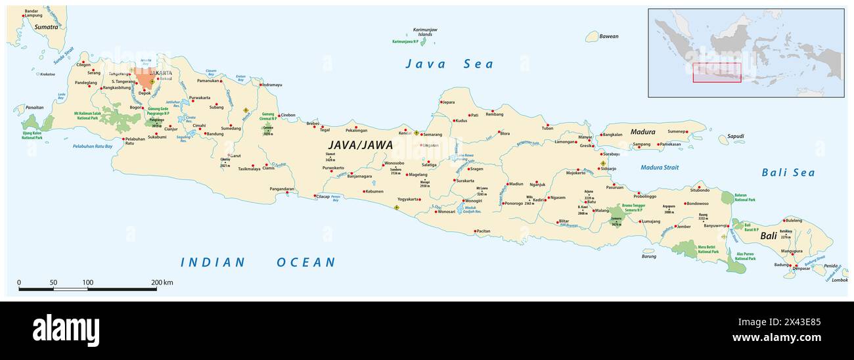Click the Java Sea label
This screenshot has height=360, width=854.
coord(449,64)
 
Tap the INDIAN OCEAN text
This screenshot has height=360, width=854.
coord(258,262)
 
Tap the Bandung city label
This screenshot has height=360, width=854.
coord(215,134)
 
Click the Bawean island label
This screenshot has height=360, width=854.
coord(609,37)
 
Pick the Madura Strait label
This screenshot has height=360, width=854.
coord(660,168)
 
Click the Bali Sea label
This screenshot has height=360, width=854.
coord(788,173)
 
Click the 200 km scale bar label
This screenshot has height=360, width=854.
coord(161,282)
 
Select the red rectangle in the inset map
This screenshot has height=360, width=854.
coord(717,72)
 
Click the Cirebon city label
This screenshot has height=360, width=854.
coord(288,115)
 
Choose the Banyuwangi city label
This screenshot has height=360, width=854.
coord(715,225)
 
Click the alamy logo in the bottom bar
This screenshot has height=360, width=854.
coord(66,330)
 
